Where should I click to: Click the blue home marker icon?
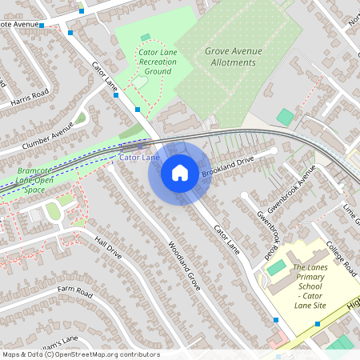180,172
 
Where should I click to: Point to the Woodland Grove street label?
183,265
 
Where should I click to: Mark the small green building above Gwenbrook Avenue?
285,117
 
